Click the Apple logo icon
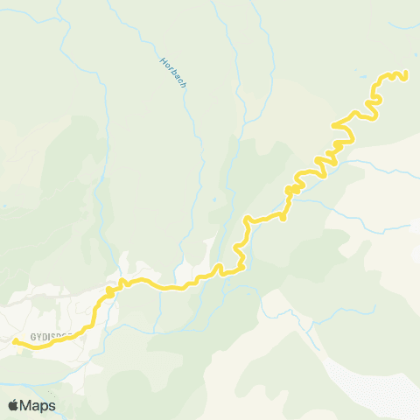pos(14,405)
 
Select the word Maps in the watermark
pos(38,405)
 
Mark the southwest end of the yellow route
pos(16,340)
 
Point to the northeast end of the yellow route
pos(406,76)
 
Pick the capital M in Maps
pos(28,405)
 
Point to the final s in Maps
pos(52,406)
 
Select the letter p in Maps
pos(45,407)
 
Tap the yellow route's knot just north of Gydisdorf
pos(108,290)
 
